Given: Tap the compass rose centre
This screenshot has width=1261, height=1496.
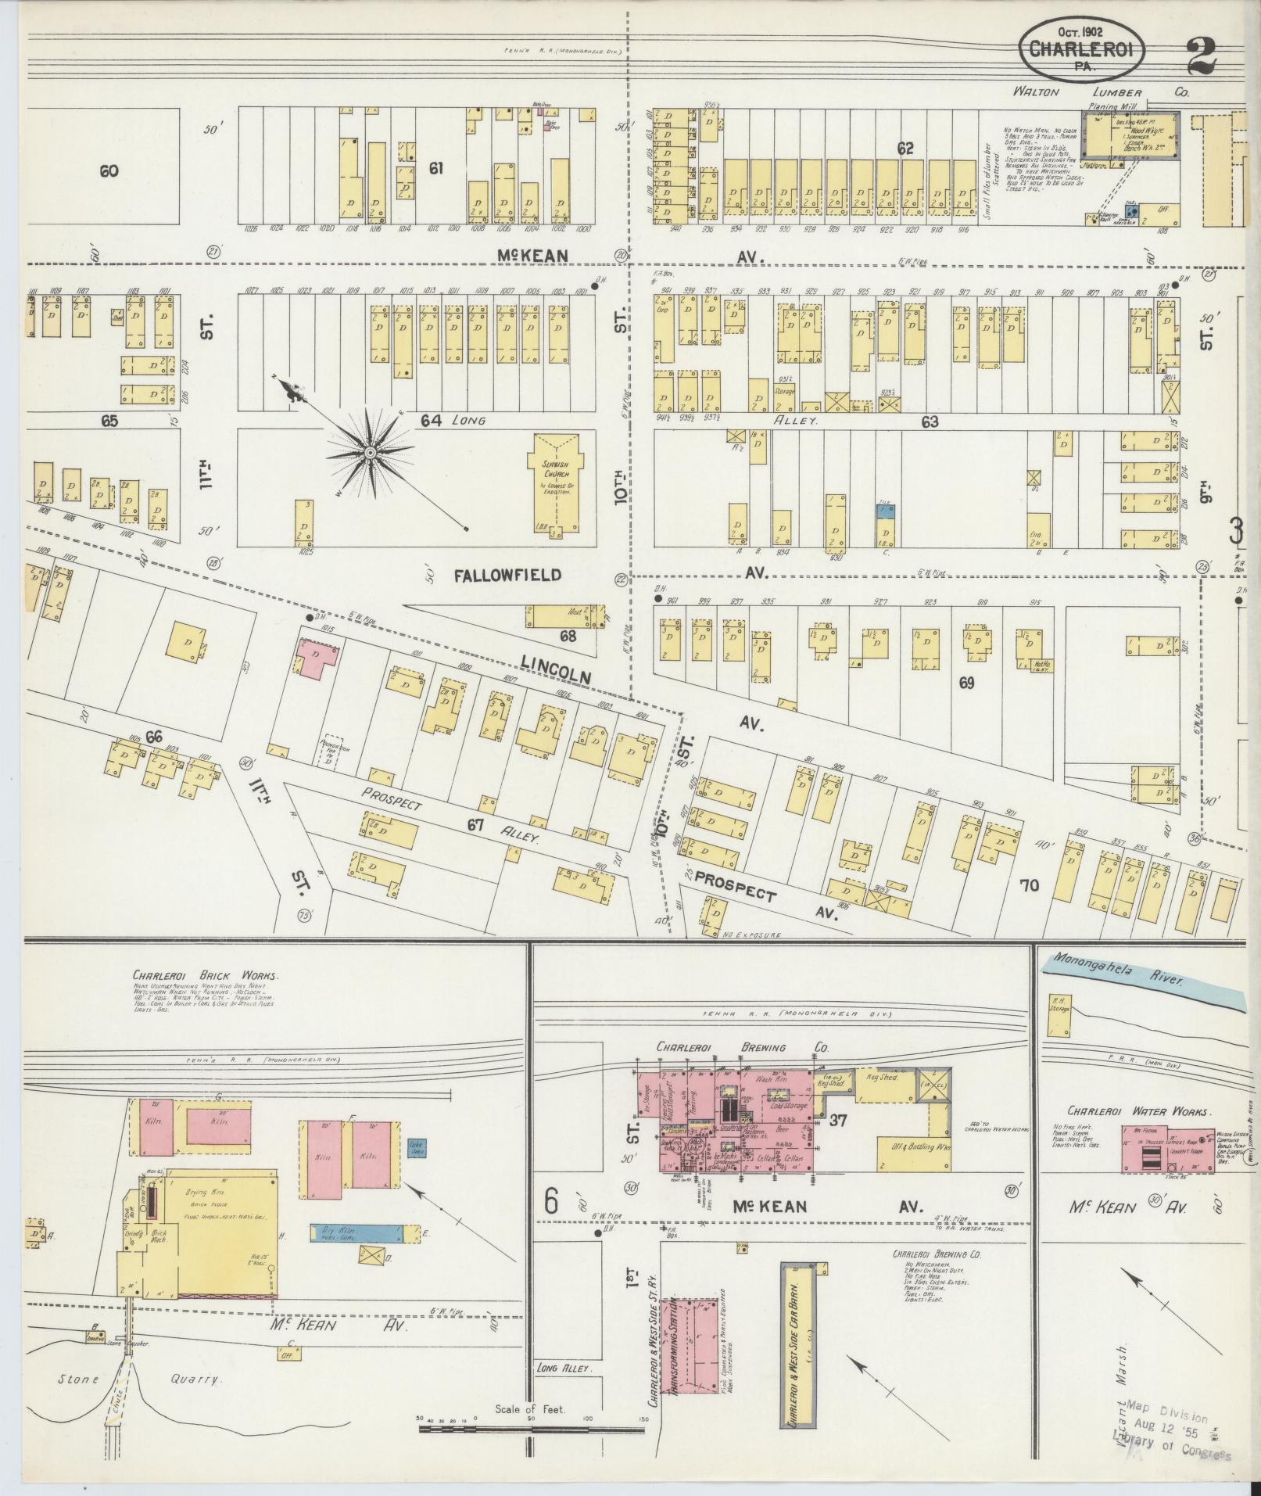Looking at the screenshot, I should [x=370, y=452].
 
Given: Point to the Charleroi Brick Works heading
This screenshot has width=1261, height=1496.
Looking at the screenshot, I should [x=206, y=976].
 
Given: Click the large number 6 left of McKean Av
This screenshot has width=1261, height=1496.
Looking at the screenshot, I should [x=552, y=1201].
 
